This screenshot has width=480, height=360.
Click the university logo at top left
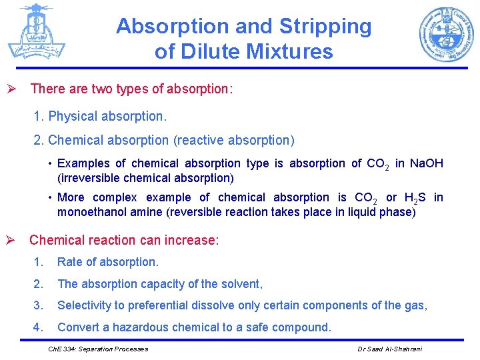[x=37, y=31]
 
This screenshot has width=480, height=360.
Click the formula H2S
[x=415, y=197]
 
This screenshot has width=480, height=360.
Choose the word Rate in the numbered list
[x=71, y=262]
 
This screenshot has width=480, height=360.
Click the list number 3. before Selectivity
[x=38, y=305]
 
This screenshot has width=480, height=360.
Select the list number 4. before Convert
[x=38, y=327]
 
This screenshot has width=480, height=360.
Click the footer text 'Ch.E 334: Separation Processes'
[x=99, y=349]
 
